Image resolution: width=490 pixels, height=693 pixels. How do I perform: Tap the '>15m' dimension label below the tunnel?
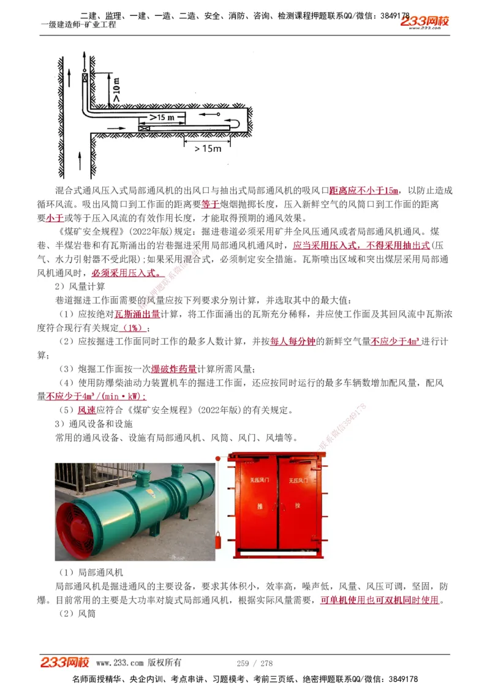click(207, 149)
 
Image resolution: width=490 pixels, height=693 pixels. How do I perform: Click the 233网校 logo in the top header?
click(424, 21)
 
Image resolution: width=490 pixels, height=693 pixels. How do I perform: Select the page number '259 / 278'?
click(255, 663)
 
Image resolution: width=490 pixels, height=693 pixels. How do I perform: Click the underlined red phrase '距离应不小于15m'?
click(364, 190)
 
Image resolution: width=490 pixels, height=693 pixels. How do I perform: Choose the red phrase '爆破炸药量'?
click(174, 369)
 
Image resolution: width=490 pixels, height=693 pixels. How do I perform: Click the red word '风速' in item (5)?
click(86, 410)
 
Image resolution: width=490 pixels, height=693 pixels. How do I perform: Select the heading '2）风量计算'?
click(80, 287)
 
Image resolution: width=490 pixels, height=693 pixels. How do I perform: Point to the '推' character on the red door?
click(255, 506)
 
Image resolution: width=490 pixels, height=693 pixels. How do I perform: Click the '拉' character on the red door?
click(297, 506)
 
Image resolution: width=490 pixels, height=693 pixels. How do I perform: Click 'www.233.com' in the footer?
click(120, 663)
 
